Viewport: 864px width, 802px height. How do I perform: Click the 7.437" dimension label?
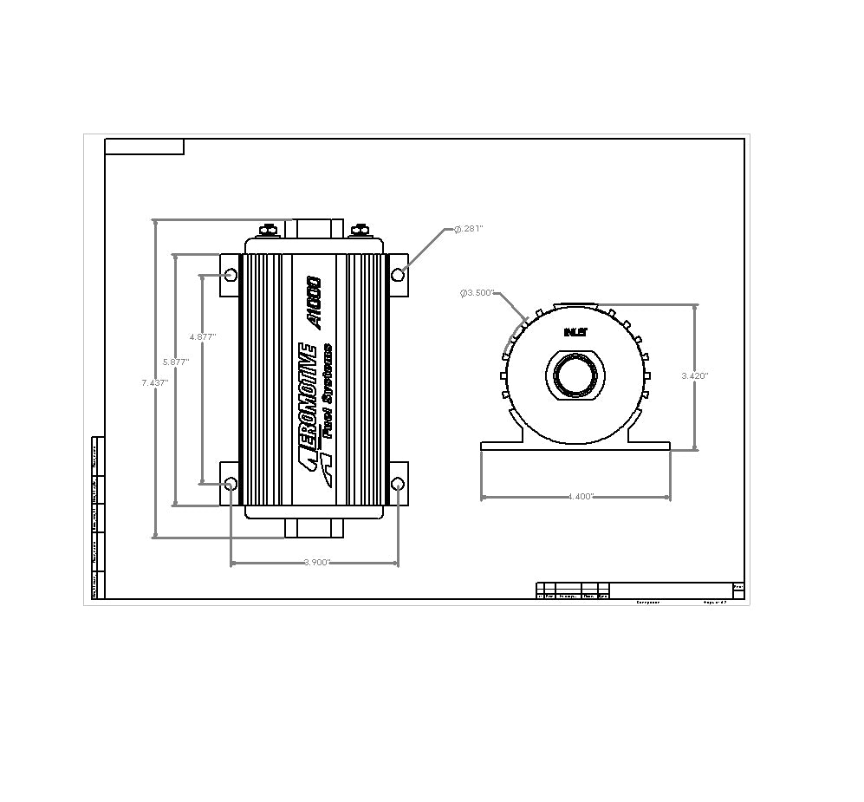tap(155, 381)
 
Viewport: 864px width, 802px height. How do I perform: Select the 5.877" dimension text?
tap(176, 362)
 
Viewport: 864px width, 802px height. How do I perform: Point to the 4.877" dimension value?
tap(202, 336)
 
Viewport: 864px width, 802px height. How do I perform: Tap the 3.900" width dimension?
tap(317, 563)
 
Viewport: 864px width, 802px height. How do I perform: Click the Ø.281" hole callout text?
tap(468, 229)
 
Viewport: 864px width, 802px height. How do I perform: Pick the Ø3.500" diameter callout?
tap(477, 293)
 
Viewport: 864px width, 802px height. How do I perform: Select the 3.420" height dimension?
tap(694, 375)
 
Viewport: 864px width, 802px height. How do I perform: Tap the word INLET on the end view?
tap(575, 332)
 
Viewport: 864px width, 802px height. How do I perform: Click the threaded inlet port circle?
tap(575, 376)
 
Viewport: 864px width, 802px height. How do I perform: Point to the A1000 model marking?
tap(314, 302)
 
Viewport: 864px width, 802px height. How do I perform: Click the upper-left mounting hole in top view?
tap(231, 275)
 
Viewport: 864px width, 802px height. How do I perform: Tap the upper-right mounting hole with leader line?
tap(398, 275)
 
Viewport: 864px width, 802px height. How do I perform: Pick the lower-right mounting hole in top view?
tap(398, 483)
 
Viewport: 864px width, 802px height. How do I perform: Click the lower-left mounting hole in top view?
tap(231, 483)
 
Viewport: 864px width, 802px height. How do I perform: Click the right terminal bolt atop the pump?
tap(358, 230)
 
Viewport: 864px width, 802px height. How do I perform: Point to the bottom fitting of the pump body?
tap(314, 529)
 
